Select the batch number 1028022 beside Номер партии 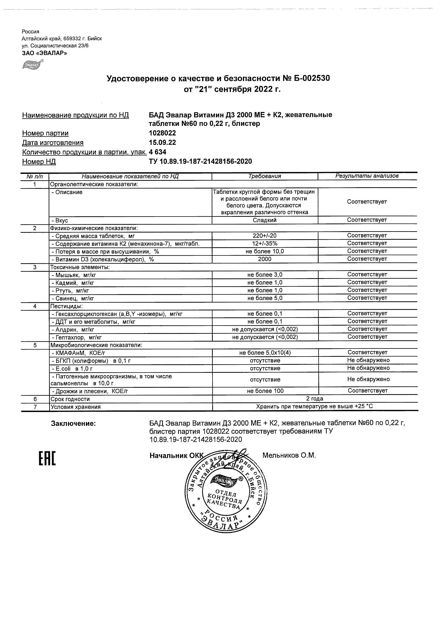pyautogui.click(x=162, y=133)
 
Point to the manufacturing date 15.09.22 pyautogui.click(x=162, y=143)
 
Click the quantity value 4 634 pyautogui.click(x=158, y=152)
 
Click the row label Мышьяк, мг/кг pyautogui.click(x=74, y=275)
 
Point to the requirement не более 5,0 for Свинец pyautogui.click(x=265, y=298)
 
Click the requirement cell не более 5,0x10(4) pyautogui.click(x=265, y=353)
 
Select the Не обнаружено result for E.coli pyautogui.click(x=368, y=368)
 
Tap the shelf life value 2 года pyautogui.click(x=314, y=399)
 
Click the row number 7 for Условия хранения pyautogui.click(x=35, y=407)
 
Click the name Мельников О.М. pyautogui.click(x=289, y=455)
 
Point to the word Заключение pyautogui.click(x=73, y=423)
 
